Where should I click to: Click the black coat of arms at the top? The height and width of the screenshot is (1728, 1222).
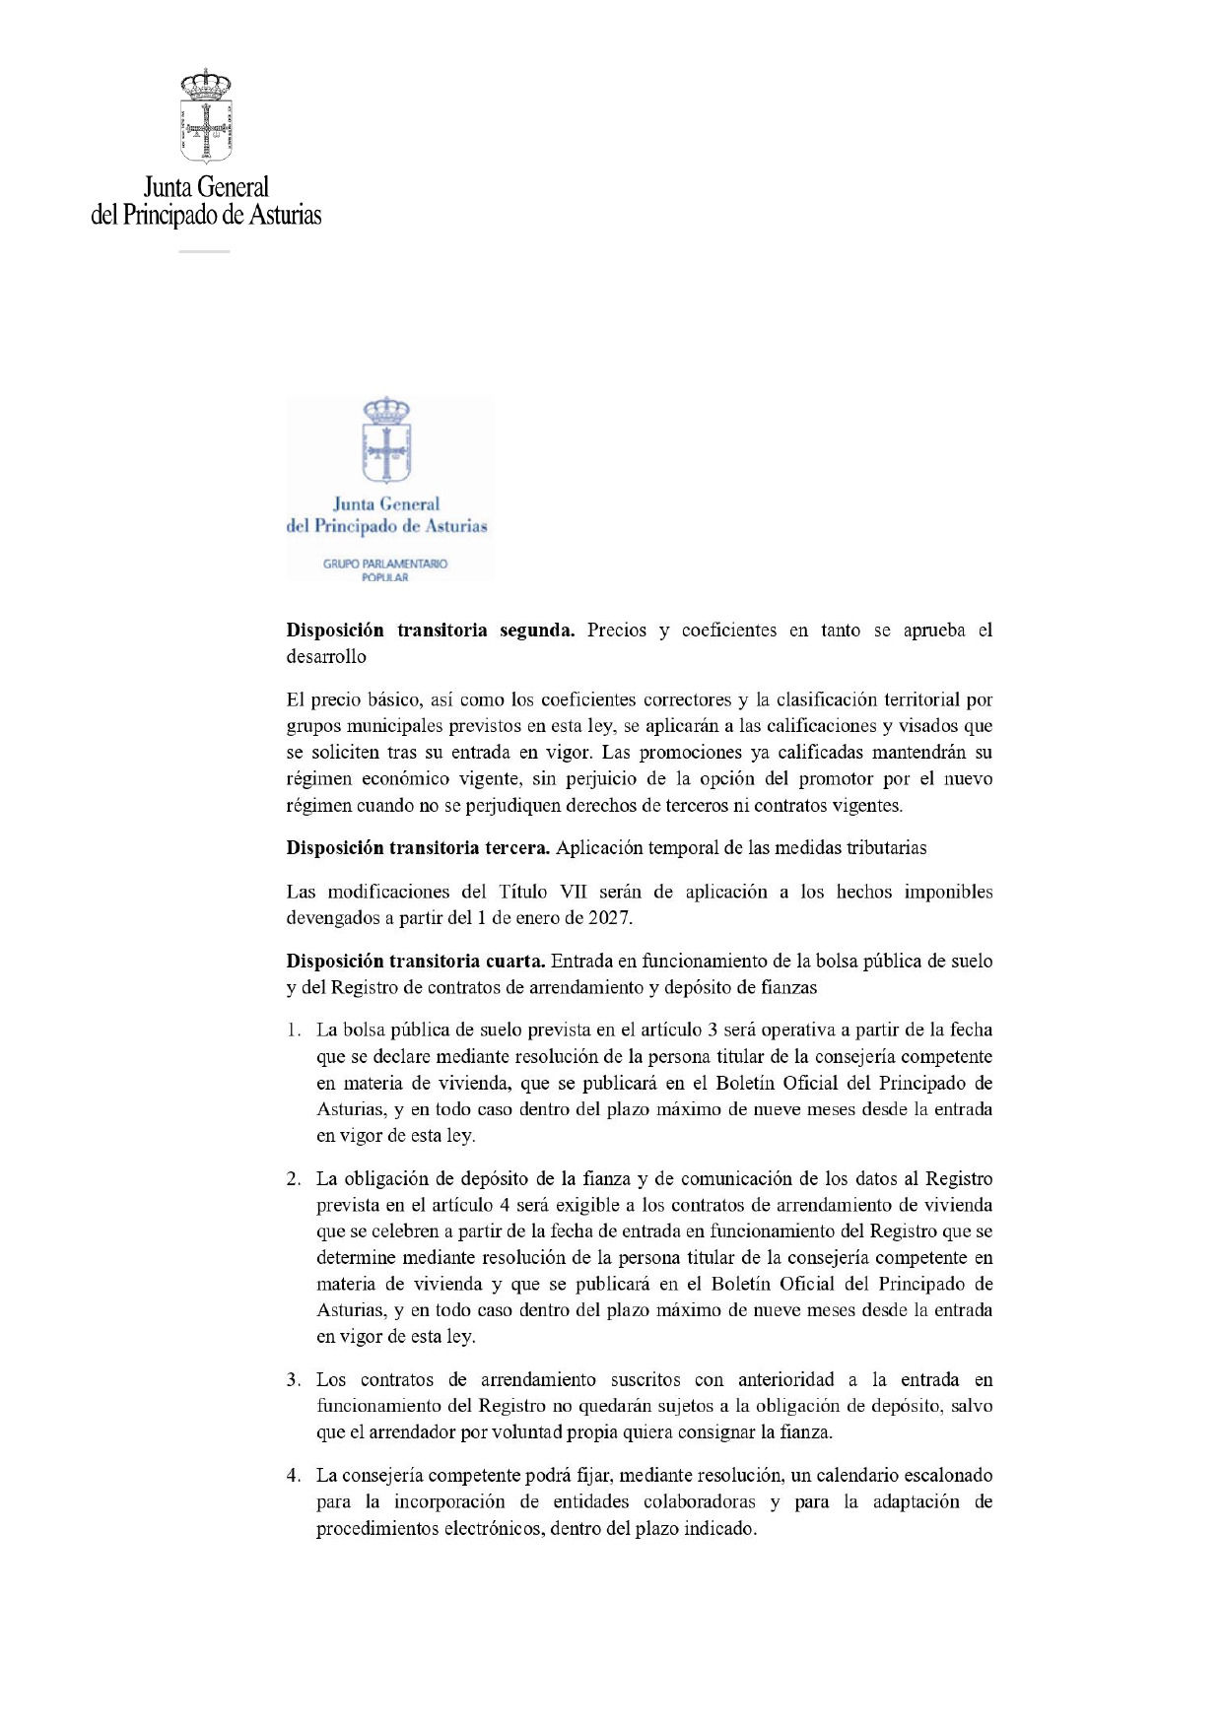coord(206,115)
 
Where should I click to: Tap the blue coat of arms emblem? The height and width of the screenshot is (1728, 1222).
coord(386,440)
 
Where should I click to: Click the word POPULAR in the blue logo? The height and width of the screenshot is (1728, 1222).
coord(384,577)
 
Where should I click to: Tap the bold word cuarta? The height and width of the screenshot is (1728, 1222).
coord(514,962)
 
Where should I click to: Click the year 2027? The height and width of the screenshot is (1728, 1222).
coord(609,918)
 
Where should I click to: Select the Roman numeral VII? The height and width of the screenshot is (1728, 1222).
coord(573,892)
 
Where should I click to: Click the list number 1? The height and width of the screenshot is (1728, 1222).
coord(294,1030)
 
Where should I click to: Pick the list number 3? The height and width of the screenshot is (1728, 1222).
coord(294,1380)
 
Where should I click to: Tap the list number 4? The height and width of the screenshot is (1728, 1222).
coord(294,1476)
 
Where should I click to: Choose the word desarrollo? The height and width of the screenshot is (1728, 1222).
coord(326,657)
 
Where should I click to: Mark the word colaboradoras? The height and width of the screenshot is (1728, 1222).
coord(699,1502)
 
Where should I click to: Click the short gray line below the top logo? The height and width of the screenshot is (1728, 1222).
coord(204,252)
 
